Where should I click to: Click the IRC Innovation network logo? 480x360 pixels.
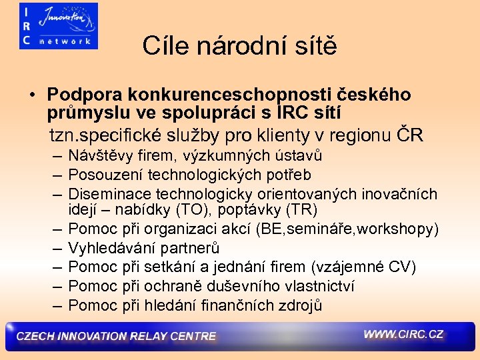tap(59, 26)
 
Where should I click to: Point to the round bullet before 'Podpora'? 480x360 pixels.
tap(32, 95)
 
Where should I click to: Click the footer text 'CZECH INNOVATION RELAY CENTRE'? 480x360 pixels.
tap(116, 337)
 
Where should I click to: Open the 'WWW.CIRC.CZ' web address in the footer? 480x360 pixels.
tap(403, 334)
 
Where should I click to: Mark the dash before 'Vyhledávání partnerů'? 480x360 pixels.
tap(55, 249)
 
